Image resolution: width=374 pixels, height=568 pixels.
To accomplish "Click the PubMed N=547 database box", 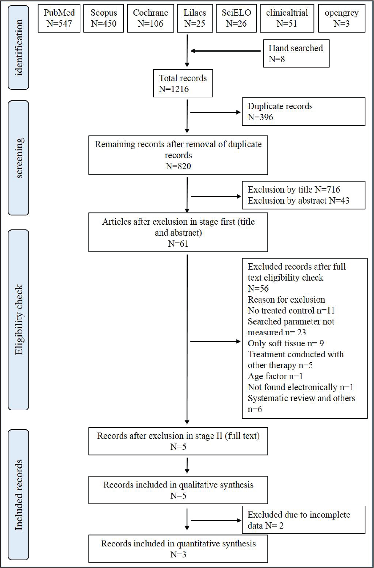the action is point(59,18).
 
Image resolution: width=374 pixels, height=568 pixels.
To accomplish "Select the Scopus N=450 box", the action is point(104,18).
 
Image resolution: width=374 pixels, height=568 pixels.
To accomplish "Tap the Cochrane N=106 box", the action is point(150,18).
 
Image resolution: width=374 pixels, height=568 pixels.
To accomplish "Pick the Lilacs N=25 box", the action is point(195,18).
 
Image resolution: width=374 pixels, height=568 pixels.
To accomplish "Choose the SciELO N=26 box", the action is point(236,18).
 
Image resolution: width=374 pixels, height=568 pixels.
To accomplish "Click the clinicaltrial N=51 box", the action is point(287,18).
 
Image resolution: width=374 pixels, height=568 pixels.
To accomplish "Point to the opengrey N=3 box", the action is point(341,18).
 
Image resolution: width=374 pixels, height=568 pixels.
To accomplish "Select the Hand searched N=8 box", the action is point(296,53).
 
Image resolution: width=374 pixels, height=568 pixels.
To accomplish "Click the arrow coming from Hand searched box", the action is point(225,51).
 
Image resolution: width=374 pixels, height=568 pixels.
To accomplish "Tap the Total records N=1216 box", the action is point(183,83).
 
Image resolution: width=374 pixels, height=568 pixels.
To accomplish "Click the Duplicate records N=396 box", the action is point(304,112).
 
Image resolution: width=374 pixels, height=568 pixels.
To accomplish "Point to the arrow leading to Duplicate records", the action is point(215,112).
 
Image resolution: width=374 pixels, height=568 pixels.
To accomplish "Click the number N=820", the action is point(178,166).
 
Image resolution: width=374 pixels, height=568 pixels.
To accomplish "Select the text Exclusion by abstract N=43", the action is point(299,201).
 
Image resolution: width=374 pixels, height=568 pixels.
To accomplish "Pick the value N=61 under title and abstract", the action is point(178,244).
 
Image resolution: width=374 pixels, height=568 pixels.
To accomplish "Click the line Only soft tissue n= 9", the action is point(286,343).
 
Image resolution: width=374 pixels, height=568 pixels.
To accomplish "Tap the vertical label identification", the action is point(19,47).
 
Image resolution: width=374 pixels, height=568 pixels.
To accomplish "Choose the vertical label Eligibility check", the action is point(19,320).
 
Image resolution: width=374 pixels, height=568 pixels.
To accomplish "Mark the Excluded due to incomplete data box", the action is point(304,520).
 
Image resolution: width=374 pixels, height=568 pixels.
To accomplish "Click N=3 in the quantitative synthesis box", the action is point(178,554).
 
